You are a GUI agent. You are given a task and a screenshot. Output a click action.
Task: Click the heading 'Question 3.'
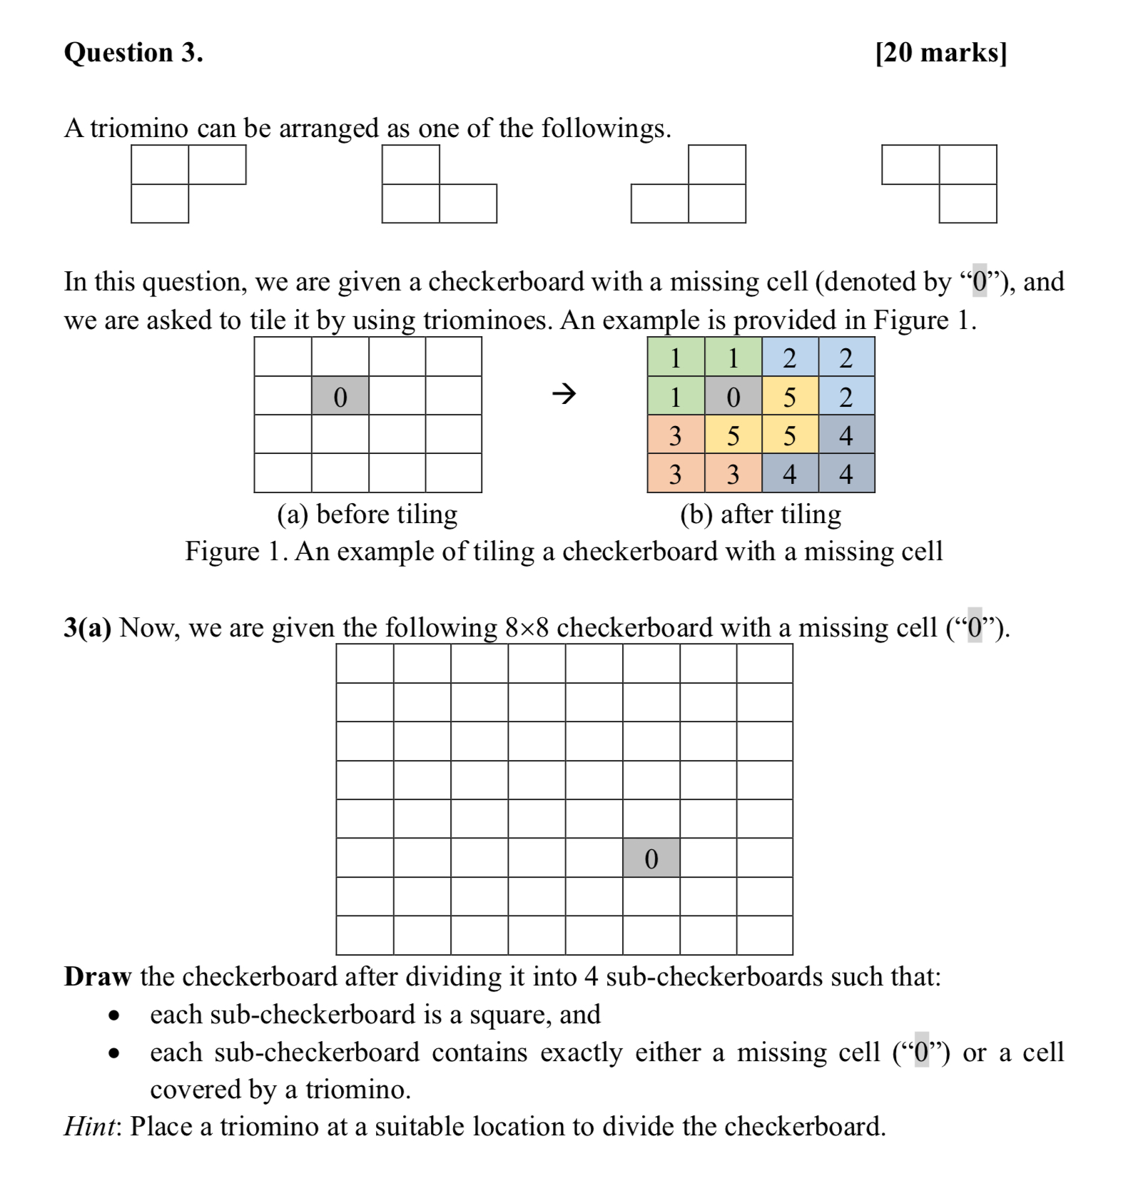click(x=133, y=53)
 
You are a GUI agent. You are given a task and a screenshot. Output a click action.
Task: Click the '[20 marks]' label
click(x=941, y=53)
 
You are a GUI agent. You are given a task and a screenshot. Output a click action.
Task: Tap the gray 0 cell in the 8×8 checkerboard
click(x=651, y=858)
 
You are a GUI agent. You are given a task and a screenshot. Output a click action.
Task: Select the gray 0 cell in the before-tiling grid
click(x=340, y=397)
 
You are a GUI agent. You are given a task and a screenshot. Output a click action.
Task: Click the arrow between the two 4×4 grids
click(x=564, y=393)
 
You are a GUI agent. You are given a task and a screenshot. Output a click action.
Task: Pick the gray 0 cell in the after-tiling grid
click(x=733, y=397)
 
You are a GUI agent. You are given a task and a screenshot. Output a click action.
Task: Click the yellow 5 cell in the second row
click(x=790, y=397)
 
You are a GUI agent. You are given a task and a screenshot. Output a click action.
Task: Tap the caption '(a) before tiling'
click(x=367, y=514)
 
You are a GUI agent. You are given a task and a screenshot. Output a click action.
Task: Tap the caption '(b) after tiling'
click(x=761, y=514)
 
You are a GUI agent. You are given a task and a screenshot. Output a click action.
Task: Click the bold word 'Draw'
click(x=98, y=976)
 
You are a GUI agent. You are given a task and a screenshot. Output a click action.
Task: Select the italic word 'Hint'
click(x=88, y=1126)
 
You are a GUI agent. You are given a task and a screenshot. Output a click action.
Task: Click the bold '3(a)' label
click(x=87, y=628)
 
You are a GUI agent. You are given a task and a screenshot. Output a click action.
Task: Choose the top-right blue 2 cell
click(x=846, y=358)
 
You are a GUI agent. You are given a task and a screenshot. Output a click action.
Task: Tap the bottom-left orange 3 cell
click(x=675, y=474)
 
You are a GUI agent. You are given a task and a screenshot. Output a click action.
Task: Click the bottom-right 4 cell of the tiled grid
click(x=846, y=474)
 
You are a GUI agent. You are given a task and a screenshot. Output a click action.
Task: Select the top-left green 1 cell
click(x=675, y=358)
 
